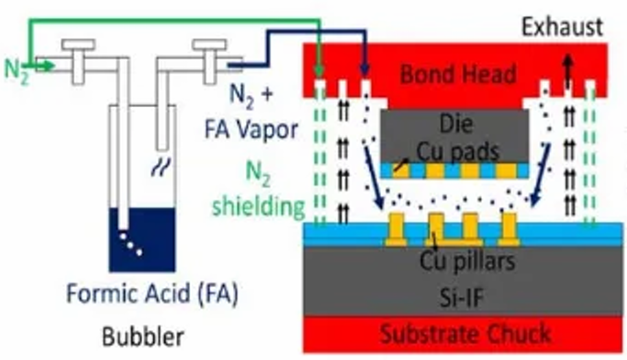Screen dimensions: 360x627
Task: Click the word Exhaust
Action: (x=561, y=27)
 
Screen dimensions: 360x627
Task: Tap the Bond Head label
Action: (x=458, y=74)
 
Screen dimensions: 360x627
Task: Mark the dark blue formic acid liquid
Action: (x=143, y=237)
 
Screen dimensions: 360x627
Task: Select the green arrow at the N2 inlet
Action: (x=43, y=66)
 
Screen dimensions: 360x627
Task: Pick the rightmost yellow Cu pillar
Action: (x=509, y=230)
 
